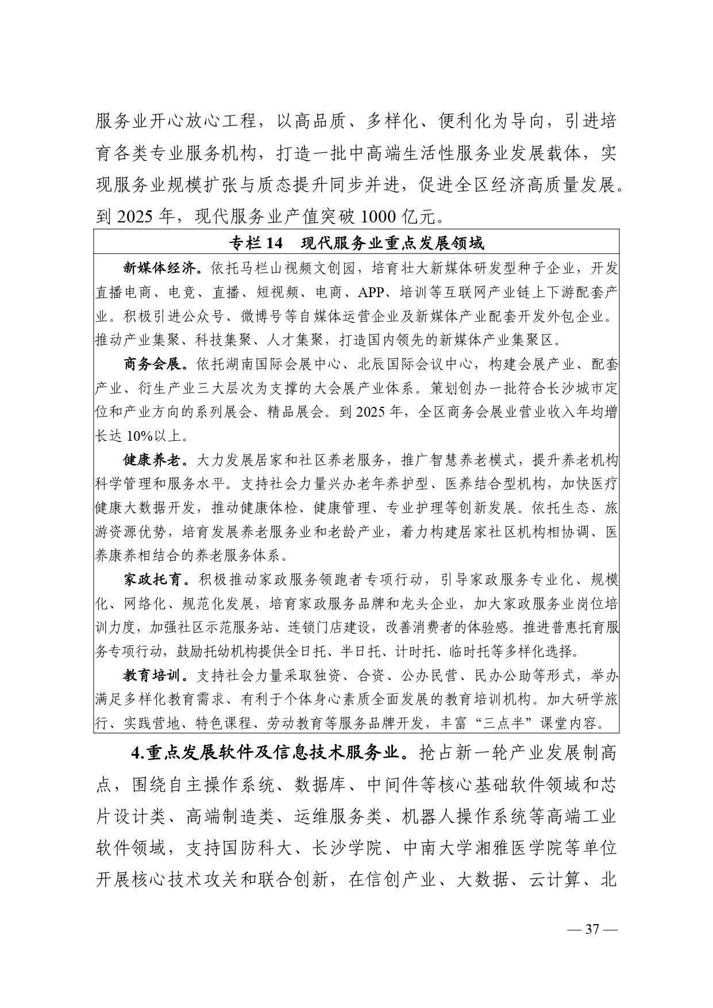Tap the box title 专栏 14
[256, 244]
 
